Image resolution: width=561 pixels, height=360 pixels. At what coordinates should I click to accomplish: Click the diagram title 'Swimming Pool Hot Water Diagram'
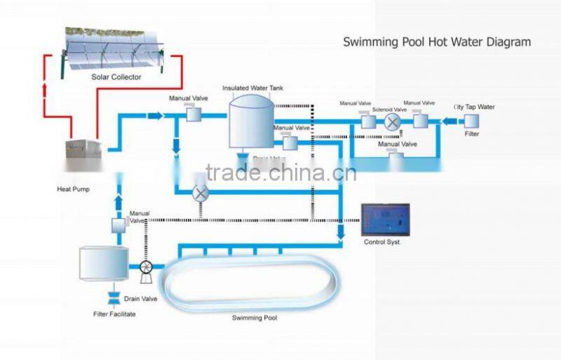436,42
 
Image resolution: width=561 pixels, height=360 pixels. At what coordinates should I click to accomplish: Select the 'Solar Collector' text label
116,76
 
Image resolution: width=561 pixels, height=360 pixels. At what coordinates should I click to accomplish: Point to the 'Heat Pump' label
73,189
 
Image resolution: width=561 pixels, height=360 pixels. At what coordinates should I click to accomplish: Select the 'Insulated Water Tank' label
253,88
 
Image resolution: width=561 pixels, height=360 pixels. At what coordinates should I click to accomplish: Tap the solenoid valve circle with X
392,121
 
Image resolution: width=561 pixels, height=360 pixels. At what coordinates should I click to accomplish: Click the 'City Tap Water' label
474,107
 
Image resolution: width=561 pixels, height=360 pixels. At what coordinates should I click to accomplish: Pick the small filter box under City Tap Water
472,121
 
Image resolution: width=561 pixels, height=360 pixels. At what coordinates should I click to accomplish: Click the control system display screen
385,220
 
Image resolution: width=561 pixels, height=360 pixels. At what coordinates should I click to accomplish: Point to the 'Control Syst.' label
384,242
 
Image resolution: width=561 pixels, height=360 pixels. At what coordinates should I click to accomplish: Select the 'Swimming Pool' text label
255,318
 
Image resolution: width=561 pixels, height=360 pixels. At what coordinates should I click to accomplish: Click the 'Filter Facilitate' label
114,314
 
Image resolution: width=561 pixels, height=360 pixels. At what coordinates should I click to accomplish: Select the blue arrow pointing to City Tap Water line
446,121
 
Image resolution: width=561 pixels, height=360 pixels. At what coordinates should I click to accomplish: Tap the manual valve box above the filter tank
118,225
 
